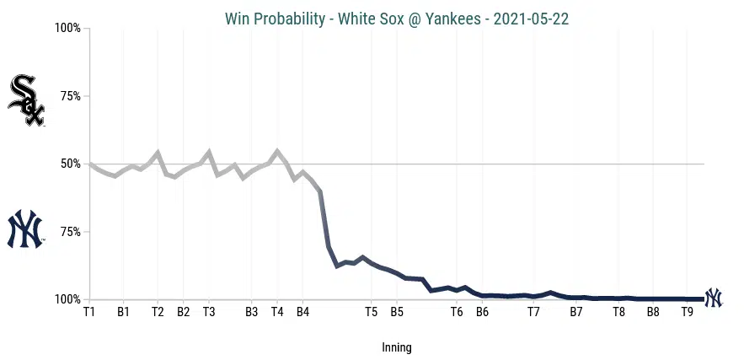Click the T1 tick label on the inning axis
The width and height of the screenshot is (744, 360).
89,313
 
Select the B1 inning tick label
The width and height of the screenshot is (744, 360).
124,313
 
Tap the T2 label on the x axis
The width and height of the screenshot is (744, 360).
158,313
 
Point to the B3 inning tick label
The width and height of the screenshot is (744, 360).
251,313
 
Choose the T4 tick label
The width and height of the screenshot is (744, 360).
277,313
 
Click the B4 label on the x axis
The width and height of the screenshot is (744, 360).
302,313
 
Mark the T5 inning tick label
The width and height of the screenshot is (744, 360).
371,313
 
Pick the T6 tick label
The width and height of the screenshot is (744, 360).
457,313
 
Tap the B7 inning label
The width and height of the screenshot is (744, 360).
576,313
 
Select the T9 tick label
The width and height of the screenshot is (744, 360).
687,313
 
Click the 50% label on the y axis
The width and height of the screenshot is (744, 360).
68,164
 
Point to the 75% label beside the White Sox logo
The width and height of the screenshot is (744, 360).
68,96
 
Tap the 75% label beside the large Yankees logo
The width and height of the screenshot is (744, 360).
68,232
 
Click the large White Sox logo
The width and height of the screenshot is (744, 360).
25,100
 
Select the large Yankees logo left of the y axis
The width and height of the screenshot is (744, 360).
25,229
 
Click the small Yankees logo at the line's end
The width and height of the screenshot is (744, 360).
714,298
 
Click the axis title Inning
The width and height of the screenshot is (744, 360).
397,347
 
